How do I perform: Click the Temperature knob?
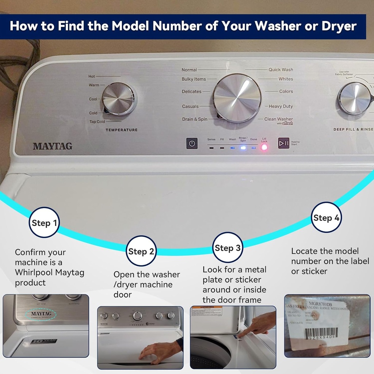click(x=118, y=99)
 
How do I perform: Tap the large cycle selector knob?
click(x=237, y=98)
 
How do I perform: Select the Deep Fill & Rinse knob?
click(x=354, y=98)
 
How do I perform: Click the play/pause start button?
click(x=283, y=143)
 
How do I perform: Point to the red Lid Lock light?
click(x=264, y=148)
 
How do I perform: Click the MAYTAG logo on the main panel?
click(x=53, y=146)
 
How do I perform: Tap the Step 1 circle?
click(x=44, y=222)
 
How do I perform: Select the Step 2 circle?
click(x=141, y=251)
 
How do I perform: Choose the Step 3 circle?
click(x=228, y=248)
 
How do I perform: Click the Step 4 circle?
click(x=326, y=217)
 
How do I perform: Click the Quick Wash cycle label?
click(x=280, y=70)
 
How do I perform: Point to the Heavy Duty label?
click(x=280, y=106)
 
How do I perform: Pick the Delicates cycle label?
click(x=192, y=92)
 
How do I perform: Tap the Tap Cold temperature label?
click(x=97, y=122)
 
